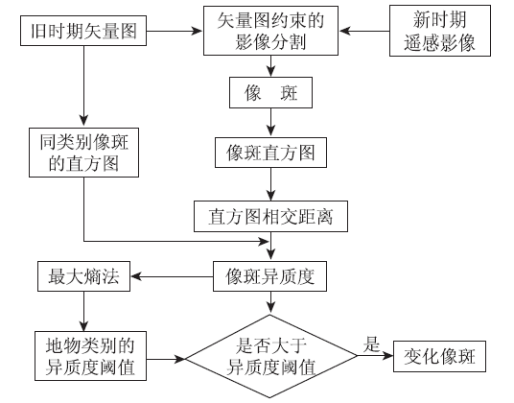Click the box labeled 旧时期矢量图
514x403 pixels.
click(x=83, y=31)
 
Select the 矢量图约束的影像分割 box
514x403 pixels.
click(x=270, y=31)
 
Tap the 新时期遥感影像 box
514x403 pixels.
click(x=440, y=31)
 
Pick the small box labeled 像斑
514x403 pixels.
click(x=270, y=92)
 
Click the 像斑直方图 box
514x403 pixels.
click(x=270, y=153)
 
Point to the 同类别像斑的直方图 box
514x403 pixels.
click(x=84, y=153)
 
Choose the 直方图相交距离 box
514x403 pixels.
click(x=270, y=217)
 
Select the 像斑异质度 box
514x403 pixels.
click(x=269, y=276)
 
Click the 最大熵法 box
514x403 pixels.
click(x=84, y=276)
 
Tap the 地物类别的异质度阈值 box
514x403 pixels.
click(x=90, y=356)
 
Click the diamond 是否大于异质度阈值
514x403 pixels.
click(x=270, y=356)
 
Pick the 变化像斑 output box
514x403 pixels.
click(x=439, y=356)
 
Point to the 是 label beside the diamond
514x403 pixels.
click(x=371, y=344)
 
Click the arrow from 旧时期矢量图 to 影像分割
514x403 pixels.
click(x=175, y=31)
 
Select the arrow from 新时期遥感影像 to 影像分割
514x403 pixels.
click(x=364, y=31)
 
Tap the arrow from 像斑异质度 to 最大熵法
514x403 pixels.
click(x=172, y=276)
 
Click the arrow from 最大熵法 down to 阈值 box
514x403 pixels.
click(x=84, y=311)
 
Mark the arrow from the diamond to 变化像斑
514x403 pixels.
click(x=375, y=356)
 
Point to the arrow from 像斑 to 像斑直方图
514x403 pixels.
click(x=270, y=122)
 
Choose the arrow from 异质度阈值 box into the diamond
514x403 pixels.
click(x=166, y=359)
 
